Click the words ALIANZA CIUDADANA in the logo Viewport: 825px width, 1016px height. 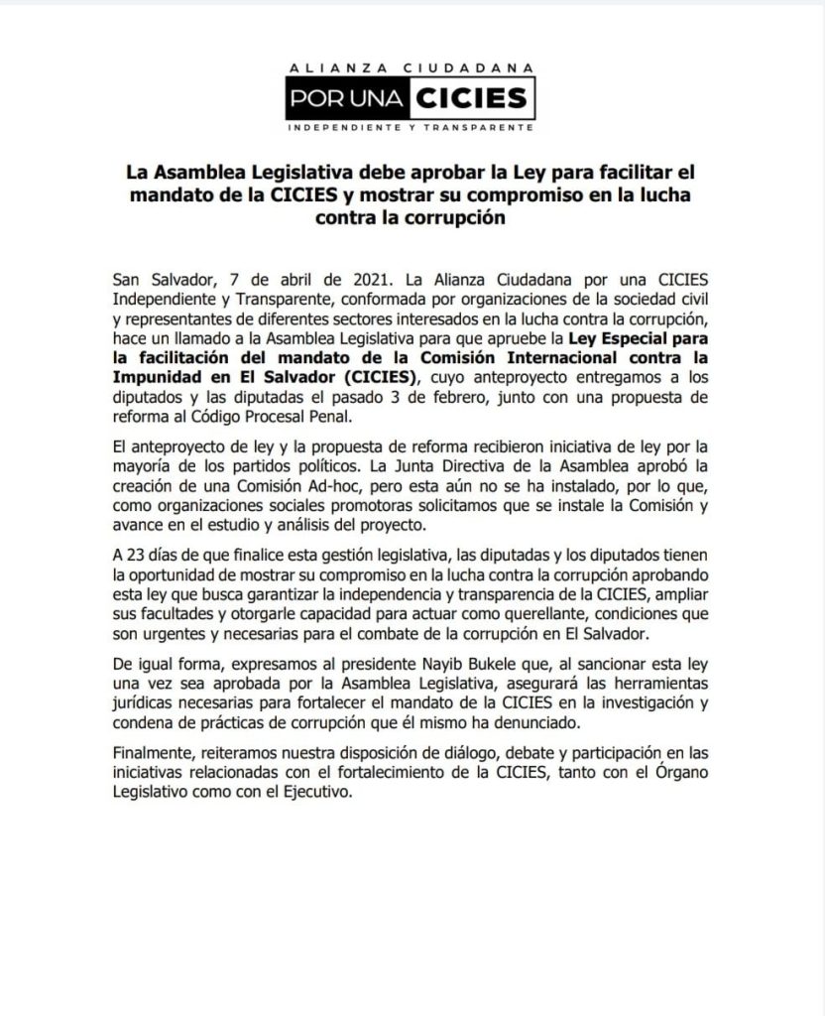412,67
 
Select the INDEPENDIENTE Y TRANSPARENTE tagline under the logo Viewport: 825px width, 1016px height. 412,129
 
